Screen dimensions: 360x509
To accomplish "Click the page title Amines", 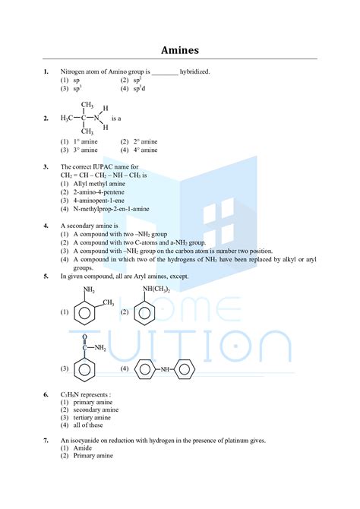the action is tap(180, 50).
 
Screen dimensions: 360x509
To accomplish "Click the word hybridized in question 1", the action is tap(194, 71).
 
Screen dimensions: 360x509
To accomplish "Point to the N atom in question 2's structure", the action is tap(96, 119).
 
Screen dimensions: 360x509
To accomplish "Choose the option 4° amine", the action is tap(144, 150).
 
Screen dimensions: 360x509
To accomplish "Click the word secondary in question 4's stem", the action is tap(82, 226).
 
